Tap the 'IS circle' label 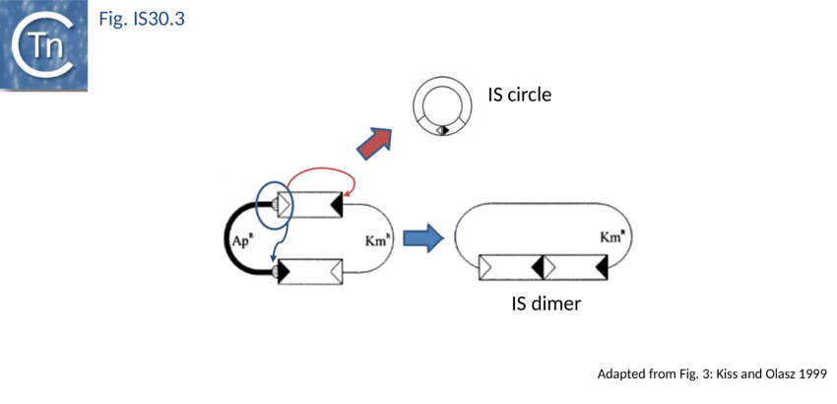click(520, 96)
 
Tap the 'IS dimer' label click(547, 303)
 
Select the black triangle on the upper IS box click(336, 205)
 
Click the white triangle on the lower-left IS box click(336, 270)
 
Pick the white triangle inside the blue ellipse click(284, 205)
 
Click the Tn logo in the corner click(45, 47)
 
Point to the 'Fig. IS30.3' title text click(142, 18)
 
